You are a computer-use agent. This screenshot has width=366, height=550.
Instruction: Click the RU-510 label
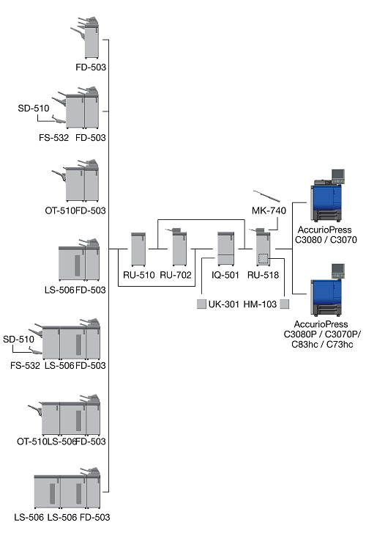point(138,275)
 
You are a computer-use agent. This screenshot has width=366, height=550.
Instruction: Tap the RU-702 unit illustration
point(178,247)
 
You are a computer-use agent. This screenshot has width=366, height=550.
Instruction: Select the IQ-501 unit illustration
point(225,249)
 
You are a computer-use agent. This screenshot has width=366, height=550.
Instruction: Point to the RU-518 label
point(263,275)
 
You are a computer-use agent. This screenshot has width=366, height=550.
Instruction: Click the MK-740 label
point(269,210)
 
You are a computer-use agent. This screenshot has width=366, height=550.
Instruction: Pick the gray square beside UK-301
point(201,304)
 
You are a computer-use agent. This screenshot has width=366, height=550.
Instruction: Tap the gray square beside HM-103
point(285,304)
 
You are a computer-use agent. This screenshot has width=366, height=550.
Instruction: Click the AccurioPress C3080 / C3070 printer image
point(327,196)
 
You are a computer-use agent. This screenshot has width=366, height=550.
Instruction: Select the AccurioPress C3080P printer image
point(327,290)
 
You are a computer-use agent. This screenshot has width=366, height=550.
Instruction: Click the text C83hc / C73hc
point(322,345)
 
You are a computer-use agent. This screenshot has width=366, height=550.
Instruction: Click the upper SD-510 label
point(34,109)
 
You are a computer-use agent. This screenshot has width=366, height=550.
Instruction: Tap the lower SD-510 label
point(18,340)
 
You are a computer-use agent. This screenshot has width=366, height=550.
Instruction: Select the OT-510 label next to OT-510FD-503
point(60,210)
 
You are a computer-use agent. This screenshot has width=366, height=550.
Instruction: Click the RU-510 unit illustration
point(138,249)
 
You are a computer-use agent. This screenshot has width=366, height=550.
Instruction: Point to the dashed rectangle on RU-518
point(263,259)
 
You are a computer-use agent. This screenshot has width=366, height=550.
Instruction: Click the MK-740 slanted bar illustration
point(266,197)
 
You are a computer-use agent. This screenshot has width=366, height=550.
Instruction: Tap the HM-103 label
point(260,304)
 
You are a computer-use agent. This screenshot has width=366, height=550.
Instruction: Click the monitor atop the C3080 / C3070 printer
point(338,176)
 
